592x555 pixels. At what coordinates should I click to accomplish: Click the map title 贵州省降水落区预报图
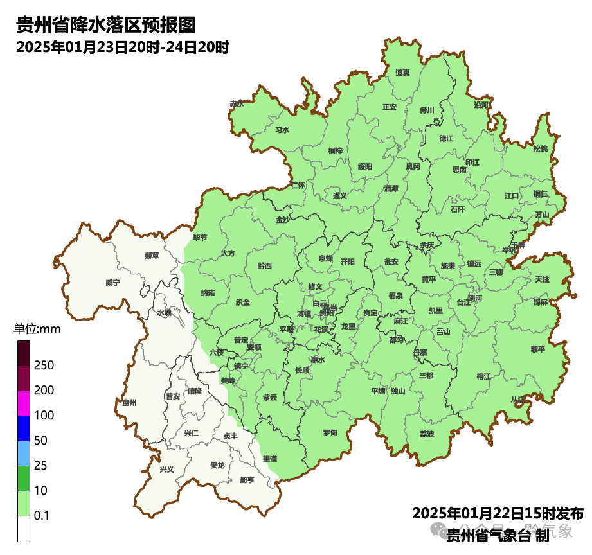105,25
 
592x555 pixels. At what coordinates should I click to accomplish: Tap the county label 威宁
112,282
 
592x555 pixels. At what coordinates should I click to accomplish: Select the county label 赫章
152,255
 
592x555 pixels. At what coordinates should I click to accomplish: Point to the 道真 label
402,73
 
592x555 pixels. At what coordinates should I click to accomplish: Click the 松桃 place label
541,149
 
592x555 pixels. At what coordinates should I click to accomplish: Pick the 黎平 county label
537,349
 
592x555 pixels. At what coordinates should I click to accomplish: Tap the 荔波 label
427,434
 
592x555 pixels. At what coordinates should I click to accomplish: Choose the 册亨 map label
246,480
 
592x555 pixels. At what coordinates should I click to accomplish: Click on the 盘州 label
129,402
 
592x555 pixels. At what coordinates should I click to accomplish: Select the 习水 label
282,130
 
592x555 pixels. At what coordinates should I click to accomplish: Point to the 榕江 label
483,376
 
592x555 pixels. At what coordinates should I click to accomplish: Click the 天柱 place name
542,279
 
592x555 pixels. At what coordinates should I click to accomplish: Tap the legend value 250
44,366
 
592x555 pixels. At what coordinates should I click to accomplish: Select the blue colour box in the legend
24,428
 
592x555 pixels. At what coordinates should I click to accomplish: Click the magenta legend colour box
24,403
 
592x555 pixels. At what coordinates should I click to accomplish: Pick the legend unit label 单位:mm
37,330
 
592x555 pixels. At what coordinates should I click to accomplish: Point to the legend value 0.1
42,515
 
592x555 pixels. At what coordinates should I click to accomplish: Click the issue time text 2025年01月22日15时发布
498,514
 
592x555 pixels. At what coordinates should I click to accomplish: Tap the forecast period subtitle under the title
122,47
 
